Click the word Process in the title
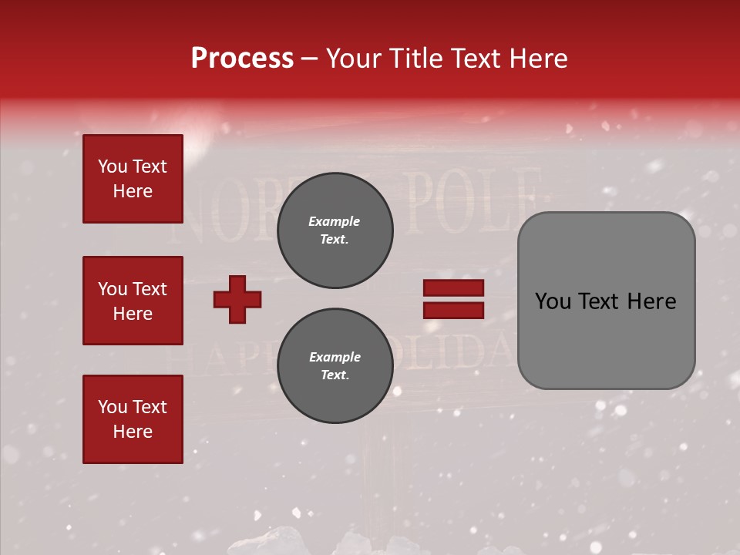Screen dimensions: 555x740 (242, 59)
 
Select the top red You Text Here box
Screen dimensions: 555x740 (133, 179)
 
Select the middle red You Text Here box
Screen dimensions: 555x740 (133, 301)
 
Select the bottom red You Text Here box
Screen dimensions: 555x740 (133, 419)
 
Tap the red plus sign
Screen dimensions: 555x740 (237, 299)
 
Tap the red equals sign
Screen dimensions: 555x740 (453, 299)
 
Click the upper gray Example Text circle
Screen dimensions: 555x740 (335, 230)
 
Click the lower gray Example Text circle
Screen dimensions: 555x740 (335, 365)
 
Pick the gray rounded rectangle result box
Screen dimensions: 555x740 (606, 301)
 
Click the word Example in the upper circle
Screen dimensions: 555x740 (335, 221)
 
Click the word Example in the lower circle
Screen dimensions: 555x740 (335, 357)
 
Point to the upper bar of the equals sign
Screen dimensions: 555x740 (453, 288)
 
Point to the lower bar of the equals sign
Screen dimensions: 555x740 (453, 310)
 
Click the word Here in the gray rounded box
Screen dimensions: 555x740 (651, 301)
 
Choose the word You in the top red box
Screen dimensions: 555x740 (113, 166)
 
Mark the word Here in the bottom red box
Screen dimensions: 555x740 (133, 432)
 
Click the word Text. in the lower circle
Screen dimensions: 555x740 (335, 375)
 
